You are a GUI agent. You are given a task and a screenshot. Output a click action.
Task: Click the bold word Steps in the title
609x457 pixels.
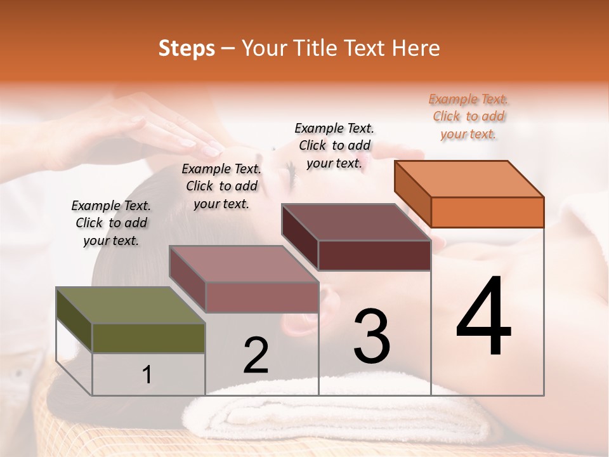pyautogui.click(x=187, y=48)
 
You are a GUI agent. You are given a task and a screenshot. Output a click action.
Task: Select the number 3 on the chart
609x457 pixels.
pyautogui.click(x=372, y=336)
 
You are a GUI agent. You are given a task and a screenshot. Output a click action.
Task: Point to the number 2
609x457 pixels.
pyautogui.click(x=256, y=355)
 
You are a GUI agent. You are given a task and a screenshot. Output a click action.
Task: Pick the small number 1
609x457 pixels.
pyautogui.click(x=147, y=374)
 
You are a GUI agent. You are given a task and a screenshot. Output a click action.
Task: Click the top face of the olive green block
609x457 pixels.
pyautogui.click(x=130, y=305)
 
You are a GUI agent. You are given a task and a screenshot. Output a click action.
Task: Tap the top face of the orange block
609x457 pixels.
pyautogui.click(x=469, y=178)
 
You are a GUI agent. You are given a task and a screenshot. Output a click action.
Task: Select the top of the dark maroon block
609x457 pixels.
pyautogui.click(x=355, y=222)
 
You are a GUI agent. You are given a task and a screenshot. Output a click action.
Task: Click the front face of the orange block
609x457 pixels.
pyautogui.click(x=487, y=212)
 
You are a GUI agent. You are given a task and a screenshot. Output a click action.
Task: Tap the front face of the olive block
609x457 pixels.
pyautogui.click(x=148, y=338)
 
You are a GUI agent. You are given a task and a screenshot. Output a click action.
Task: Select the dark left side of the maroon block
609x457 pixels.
pyautogui.click(x=299, y=235)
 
